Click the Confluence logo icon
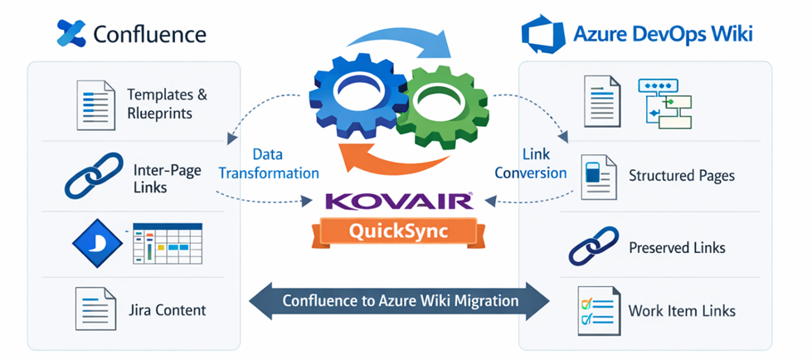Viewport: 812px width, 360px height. (71, 33)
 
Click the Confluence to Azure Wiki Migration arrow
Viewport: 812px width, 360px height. (401, 300)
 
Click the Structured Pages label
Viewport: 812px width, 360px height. (681, 176)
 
